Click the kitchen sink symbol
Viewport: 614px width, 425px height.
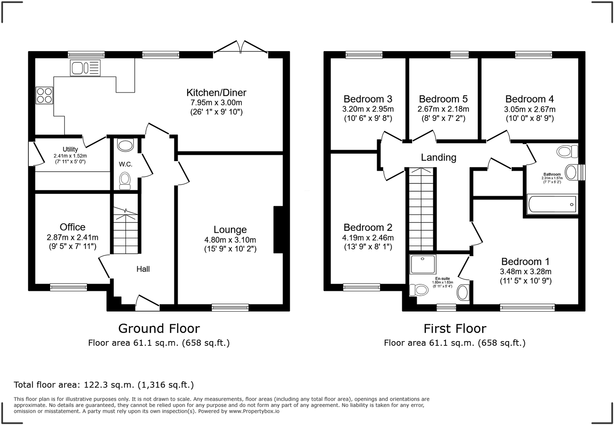click(85, 68)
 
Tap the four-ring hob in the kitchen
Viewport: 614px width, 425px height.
click(44, 95)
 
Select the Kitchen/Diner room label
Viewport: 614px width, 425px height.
click(216, 93)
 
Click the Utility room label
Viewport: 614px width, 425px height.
click(70, 149)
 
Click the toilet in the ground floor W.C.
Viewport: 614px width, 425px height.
click(125, 180)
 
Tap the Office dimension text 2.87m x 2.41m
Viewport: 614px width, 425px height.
click(72, 237)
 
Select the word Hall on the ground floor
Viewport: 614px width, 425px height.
click(143, 269)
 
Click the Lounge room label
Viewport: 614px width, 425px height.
click(230, 230)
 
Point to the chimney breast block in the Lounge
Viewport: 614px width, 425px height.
click(278, 229)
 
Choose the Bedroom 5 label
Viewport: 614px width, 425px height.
click(443, 99)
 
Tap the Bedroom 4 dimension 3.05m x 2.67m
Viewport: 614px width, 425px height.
click(529, 109)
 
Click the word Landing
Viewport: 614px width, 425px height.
click(438, 158)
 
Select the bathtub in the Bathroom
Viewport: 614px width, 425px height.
click(552, 204)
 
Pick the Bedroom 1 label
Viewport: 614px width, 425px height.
click(525, 262)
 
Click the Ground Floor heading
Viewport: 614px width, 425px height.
click(159, 328)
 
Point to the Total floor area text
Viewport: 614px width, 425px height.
click(104, 384)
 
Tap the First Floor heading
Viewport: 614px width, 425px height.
click(455, 328)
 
